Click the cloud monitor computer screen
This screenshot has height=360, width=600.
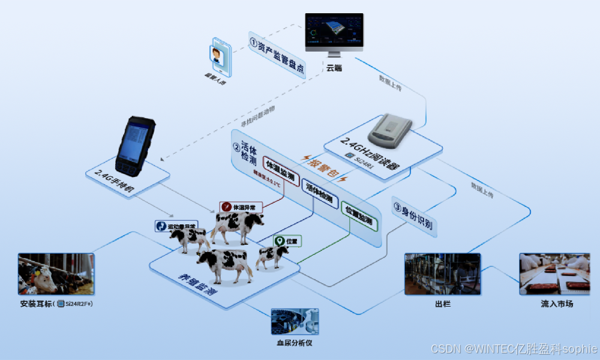tap(334, 32)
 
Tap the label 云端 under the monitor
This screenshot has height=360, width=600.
tap(334, 68)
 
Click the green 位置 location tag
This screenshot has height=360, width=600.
tap(287, 241)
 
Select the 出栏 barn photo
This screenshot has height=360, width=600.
tap(442, 274)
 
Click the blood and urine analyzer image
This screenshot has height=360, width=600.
tap(295, 322)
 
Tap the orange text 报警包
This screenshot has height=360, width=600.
tap(322, 168)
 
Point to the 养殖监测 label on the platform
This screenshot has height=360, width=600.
tap(197, 284)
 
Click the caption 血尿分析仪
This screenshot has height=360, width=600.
tap(295, 343)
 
